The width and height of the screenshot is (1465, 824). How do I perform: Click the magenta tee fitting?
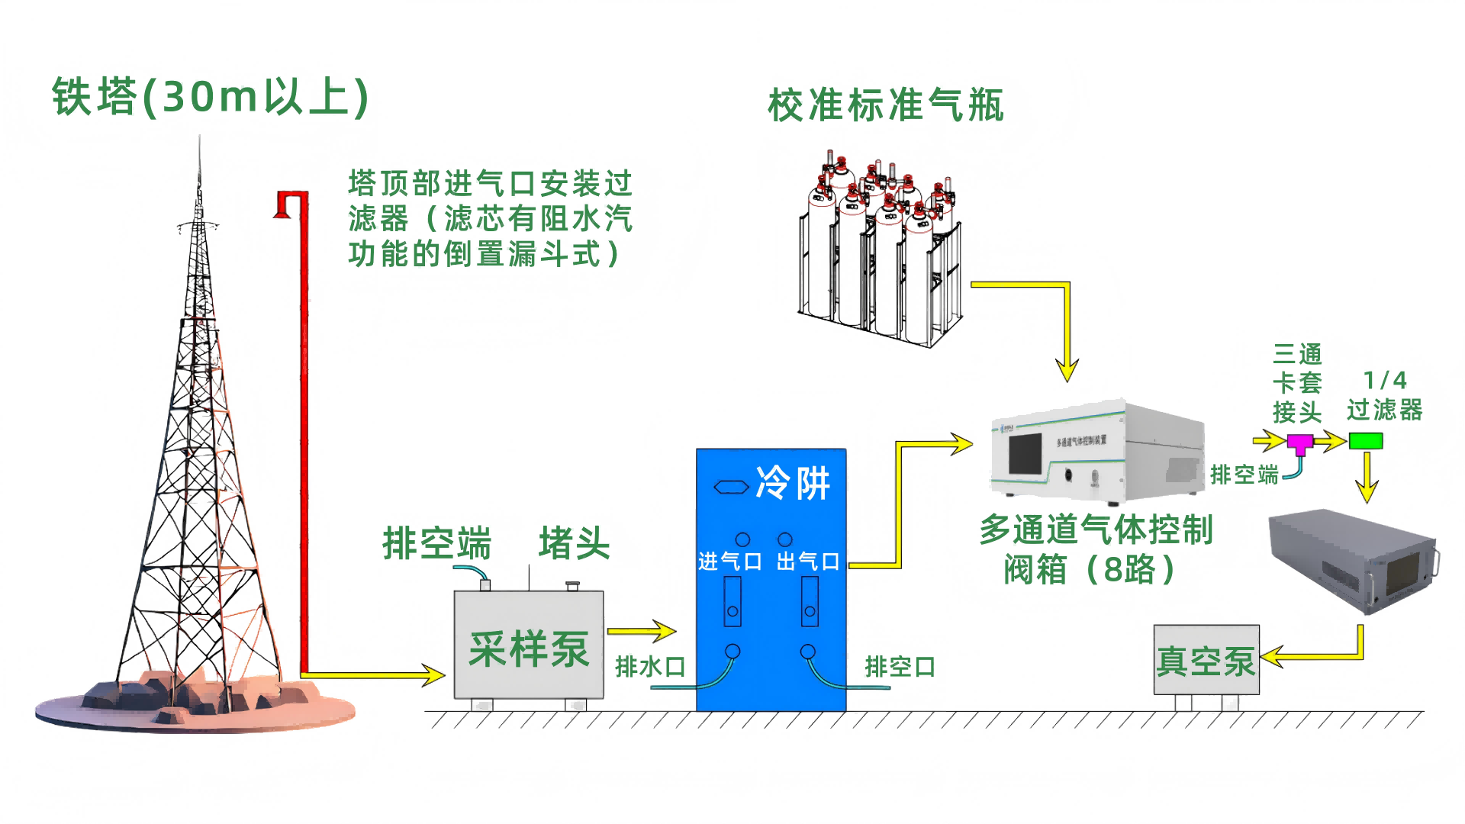1299,443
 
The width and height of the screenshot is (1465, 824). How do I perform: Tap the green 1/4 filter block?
1366,441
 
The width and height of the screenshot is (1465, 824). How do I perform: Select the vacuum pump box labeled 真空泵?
1206,660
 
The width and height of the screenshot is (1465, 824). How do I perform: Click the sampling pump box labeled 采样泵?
529,649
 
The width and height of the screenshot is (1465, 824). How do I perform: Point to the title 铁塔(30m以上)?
211,97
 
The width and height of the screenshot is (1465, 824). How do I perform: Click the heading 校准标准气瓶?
886,105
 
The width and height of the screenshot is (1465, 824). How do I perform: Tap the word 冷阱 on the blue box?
793,483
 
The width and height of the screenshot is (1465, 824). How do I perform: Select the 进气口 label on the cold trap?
730,562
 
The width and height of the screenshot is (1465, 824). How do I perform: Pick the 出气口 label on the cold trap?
808,562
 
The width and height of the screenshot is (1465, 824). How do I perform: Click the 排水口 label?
650,667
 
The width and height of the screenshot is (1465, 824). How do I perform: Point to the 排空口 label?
900,667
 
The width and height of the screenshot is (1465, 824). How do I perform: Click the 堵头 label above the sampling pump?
574,543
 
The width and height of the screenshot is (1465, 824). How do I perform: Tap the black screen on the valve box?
1025,454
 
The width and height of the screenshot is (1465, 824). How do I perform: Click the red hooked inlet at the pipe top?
286,203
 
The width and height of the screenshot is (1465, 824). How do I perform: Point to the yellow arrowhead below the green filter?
1367,491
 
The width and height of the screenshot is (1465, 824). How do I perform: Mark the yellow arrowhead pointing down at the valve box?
1067,371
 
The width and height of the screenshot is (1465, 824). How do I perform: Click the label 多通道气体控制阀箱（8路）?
1096,549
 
